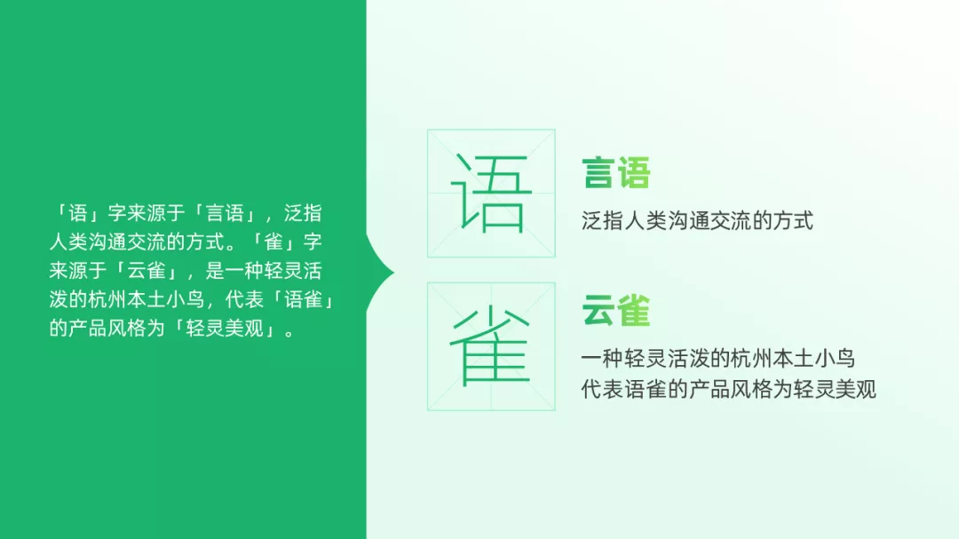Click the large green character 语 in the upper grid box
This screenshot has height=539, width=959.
[491, 193]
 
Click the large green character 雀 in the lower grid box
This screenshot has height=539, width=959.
[490, 345]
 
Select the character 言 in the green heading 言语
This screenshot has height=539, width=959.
[598, 172]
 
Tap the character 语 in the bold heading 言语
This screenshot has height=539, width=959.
[634, 172]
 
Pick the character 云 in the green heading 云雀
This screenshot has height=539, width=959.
[598, 310]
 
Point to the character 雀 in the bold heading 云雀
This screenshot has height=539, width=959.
[634, 310]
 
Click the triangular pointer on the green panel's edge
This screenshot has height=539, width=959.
[380, 273]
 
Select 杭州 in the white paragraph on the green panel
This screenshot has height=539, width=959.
[107, 299]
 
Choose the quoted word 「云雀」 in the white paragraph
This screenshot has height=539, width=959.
[147, 271]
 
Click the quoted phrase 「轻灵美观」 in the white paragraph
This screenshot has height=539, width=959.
[225, 328]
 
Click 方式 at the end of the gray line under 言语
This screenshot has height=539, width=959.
[793, 220]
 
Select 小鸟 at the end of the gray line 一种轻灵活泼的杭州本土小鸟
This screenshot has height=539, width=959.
[835, 358]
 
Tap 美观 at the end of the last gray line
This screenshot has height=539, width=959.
[856, 389]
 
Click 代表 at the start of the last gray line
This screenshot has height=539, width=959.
[602, 389]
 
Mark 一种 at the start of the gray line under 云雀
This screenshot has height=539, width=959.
[602, 358]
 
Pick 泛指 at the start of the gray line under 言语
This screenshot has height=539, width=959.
[602, 220]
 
